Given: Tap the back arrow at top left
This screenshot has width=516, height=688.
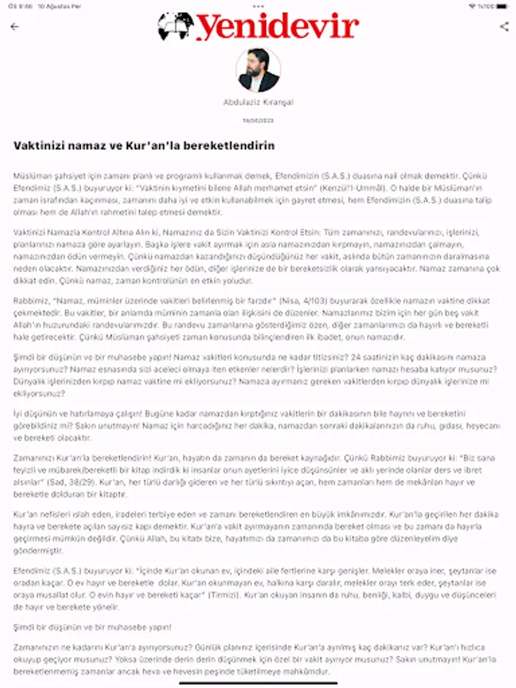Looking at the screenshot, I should click(x=15, y=27).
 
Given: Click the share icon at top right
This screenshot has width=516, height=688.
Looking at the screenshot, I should click(x=504, y=27).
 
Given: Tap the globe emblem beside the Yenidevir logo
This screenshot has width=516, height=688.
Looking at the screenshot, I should click(x=174, y=27).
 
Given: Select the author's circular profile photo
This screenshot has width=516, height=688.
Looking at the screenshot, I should click(x=258, y=70).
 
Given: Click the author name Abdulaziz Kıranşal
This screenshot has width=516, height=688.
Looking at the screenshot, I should click(x=258, y=102).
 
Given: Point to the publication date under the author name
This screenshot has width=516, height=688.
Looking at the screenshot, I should click(x=258, y=120).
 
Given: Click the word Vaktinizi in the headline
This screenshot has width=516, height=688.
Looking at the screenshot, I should click(x=38, y=145).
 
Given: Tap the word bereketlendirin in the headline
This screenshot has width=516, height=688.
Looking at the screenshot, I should click(x=230, y=145).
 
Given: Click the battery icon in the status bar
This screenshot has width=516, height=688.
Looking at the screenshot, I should click(x=501, y=5).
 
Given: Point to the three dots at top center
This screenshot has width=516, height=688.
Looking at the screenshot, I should click(x=258, y=5).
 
